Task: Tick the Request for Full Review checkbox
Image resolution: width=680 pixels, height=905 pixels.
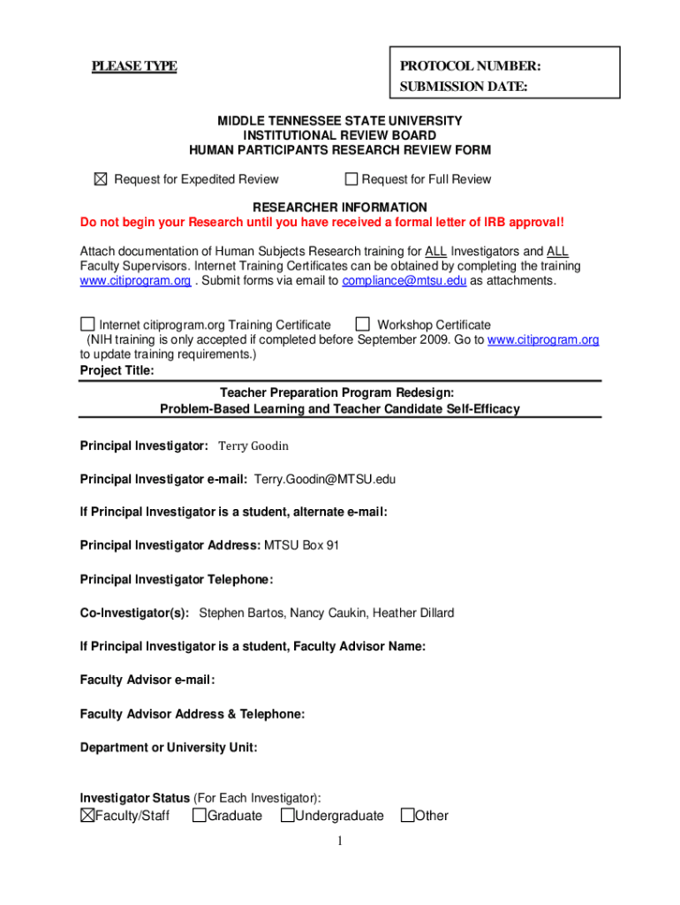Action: tap(351, 179)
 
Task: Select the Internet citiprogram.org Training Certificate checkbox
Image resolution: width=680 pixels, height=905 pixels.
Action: tap(87, 324)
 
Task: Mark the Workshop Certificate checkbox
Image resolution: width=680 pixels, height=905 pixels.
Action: tap(361, 324)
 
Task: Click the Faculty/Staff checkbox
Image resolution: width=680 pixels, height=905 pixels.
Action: tap(87, 815)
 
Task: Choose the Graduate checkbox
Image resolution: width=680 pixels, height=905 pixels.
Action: tap(199, 815)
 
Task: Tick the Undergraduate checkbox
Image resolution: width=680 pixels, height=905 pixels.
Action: tap(287, 815)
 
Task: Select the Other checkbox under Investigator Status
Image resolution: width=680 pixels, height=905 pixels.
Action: tap(407, 815)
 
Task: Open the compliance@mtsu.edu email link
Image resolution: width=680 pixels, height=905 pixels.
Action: tap(404, 281)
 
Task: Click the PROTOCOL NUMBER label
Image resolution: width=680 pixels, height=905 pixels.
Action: tap(470, 66)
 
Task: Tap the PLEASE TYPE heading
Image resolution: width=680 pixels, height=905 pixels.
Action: tap(135, 66)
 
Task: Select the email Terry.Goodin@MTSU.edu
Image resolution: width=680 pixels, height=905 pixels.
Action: tap(325, 479)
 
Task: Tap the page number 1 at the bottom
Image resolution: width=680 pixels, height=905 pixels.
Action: tap(339, 841)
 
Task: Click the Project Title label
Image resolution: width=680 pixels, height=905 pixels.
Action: tap(117, 371)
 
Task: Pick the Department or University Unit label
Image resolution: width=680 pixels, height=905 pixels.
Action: tap(169, 748)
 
